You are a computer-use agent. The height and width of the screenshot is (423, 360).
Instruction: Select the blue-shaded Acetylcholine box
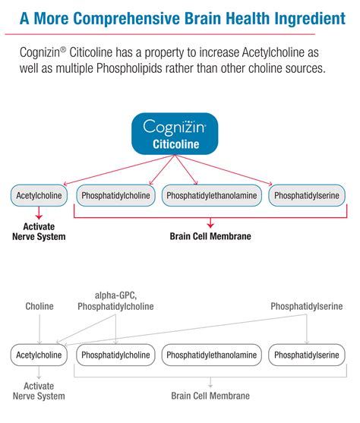39,196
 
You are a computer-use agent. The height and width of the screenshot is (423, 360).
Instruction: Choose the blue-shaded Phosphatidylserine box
306,196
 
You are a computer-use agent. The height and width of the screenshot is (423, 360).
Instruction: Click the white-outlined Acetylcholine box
39,355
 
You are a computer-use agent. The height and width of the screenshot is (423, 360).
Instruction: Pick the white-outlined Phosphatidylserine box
306,355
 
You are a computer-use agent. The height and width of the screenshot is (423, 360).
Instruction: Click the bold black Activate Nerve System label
39,231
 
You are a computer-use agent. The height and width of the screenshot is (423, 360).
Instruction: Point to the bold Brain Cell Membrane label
210,236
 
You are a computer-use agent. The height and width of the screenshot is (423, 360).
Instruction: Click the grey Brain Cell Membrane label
210,396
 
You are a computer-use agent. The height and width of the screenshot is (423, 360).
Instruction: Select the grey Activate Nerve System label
39,390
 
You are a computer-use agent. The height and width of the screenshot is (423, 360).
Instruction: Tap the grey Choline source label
39,306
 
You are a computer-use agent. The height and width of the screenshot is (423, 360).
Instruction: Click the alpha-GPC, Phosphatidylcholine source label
115,301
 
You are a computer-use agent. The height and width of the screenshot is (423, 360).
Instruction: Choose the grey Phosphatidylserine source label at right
306,306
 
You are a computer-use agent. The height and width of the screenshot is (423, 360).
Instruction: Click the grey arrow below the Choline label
39,327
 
